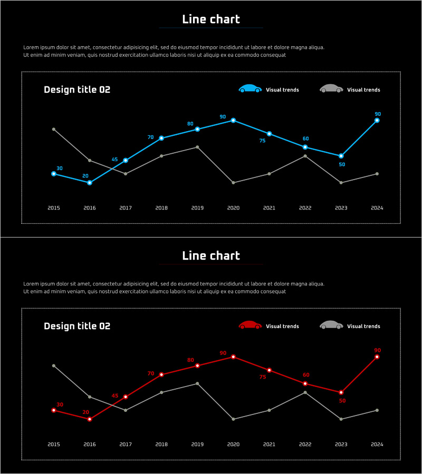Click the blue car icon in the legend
click(250, 88)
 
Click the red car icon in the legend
click(250, 325)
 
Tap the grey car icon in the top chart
click(331, 88)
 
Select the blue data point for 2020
click(233, 121)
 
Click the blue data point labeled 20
click(90, 183)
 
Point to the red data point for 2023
click(341, 392)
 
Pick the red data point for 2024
click(377, 357)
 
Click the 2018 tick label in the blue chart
click(161, 208)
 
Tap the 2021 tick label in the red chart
click(269, 445)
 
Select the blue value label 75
click(262, 141)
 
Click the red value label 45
click(115, 396)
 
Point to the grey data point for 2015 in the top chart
click(54, 129)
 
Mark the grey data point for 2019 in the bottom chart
click(197, 383)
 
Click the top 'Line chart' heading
click(211, 19)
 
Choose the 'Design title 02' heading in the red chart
click(77, 326)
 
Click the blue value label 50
click(342, 164)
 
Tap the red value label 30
click(60, 404)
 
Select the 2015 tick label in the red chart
click(54, 445)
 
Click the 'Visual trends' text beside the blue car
click(282, 90)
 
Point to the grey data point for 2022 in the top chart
click(305, 156)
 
